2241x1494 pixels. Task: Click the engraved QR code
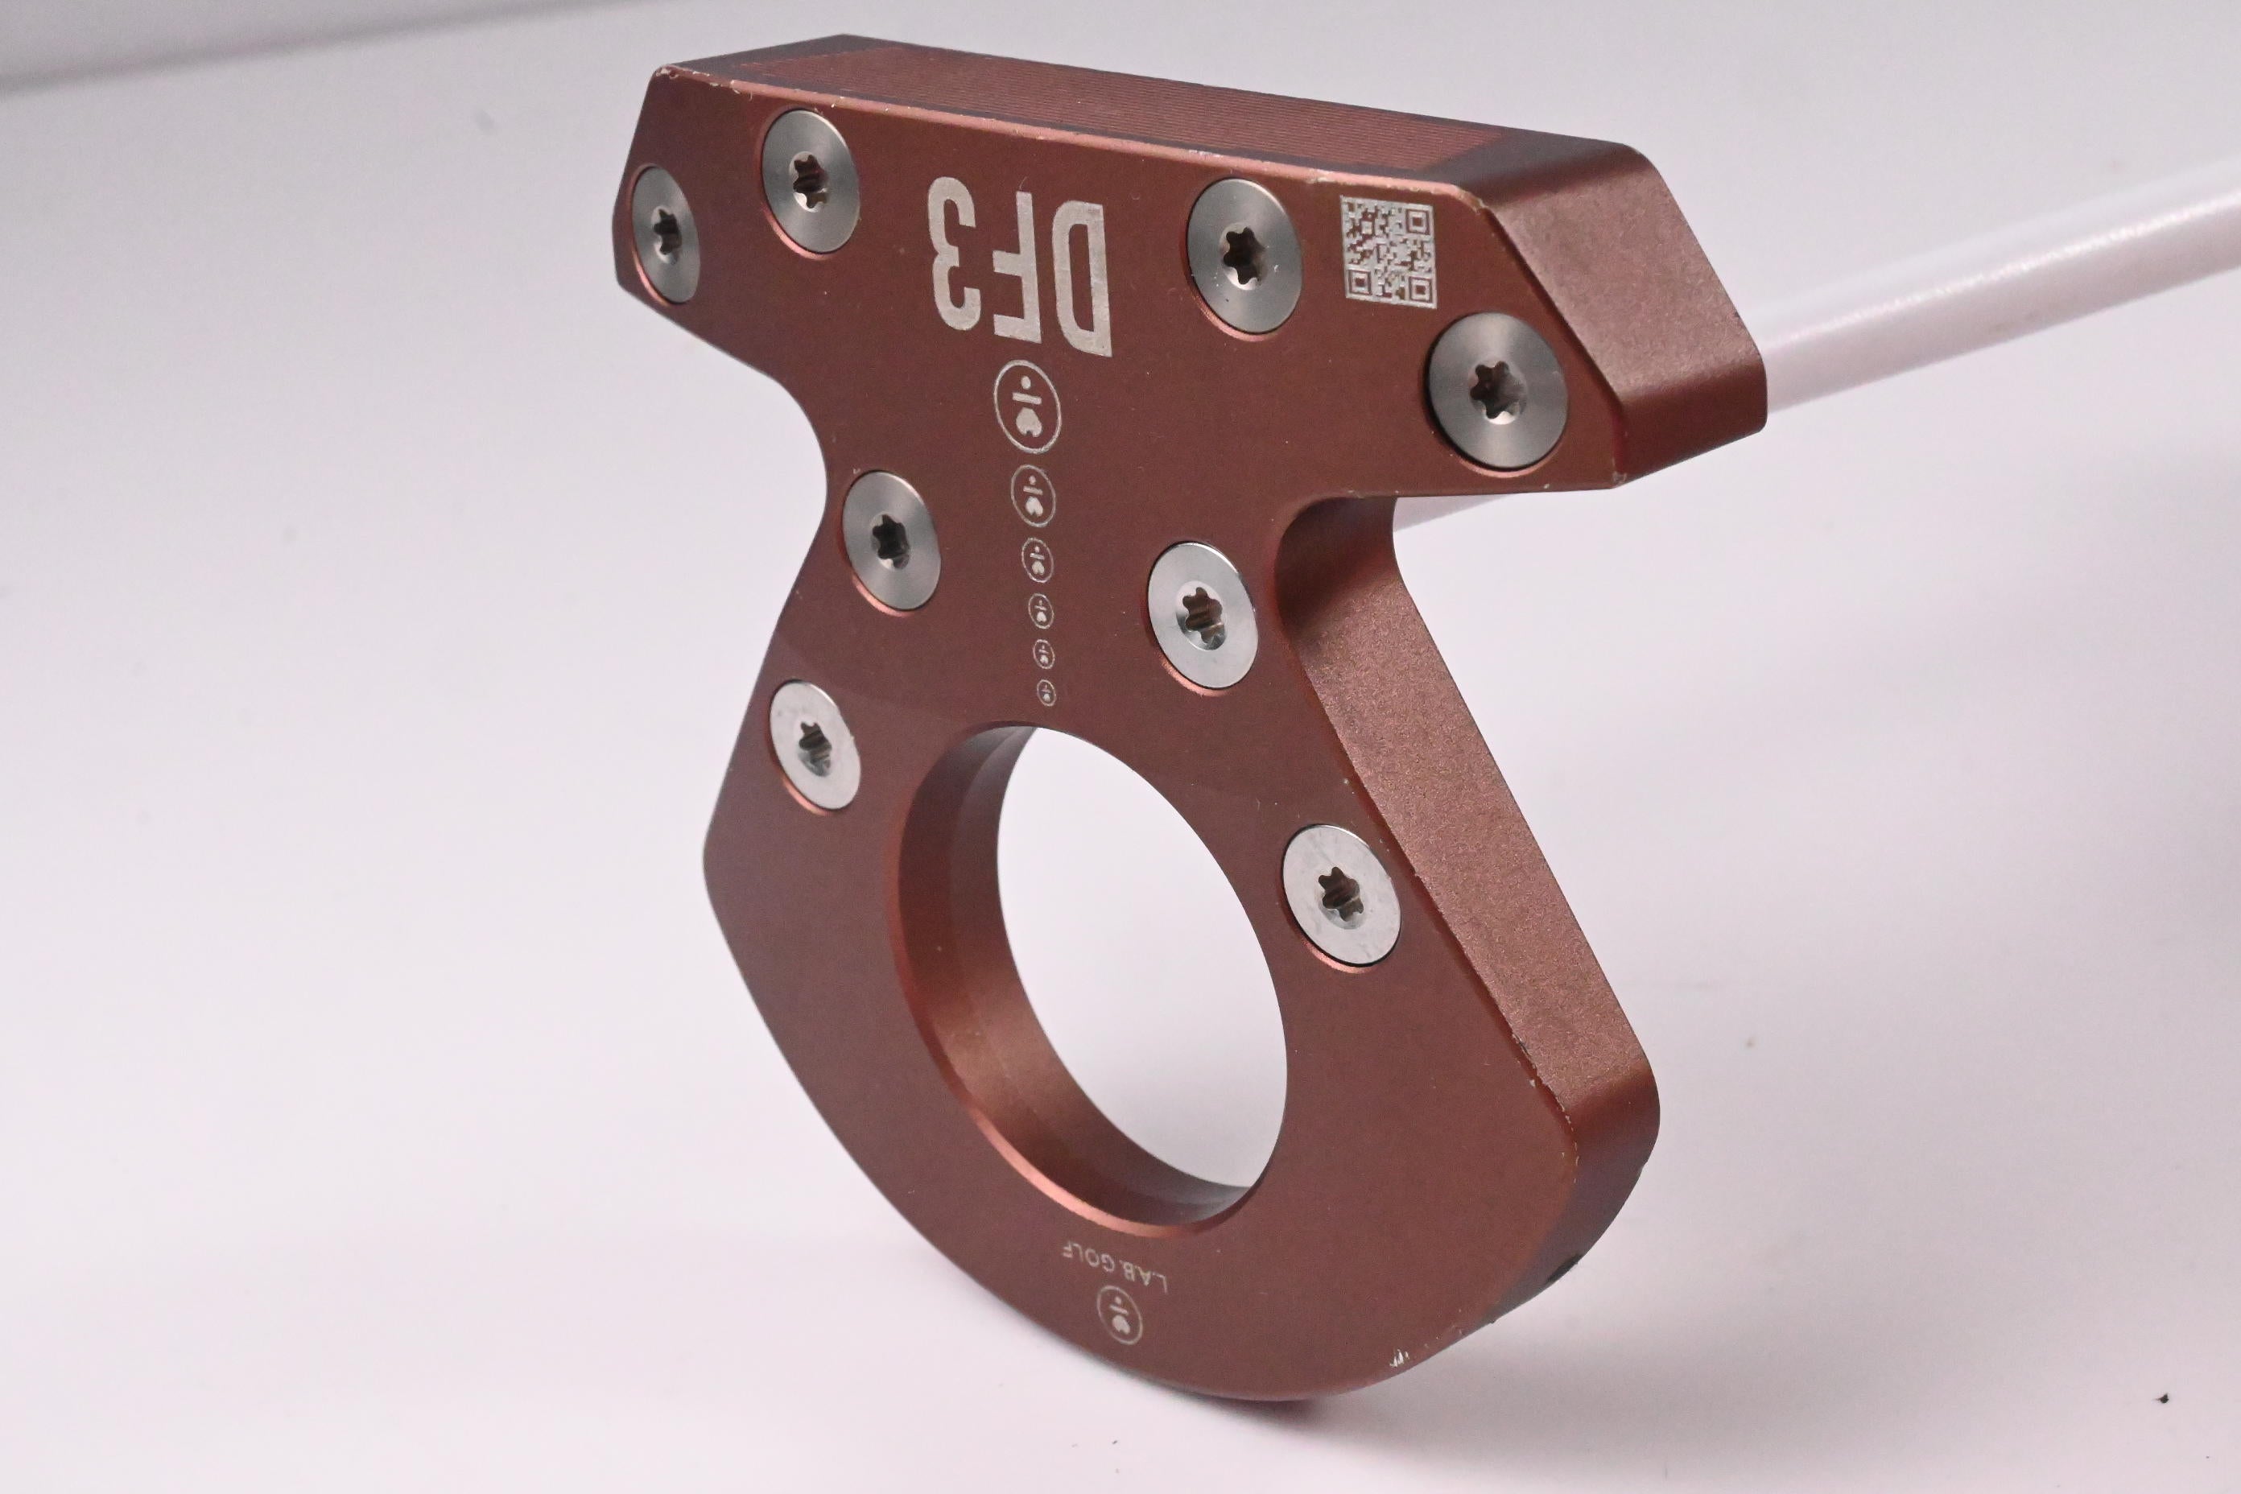(1386, 249)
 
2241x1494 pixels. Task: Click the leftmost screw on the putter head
(665, 234)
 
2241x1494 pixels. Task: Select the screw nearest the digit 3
(811, 181)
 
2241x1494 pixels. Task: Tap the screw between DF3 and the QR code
(1244, 255)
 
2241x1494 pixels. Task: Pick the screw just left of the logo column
(891, 541)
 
